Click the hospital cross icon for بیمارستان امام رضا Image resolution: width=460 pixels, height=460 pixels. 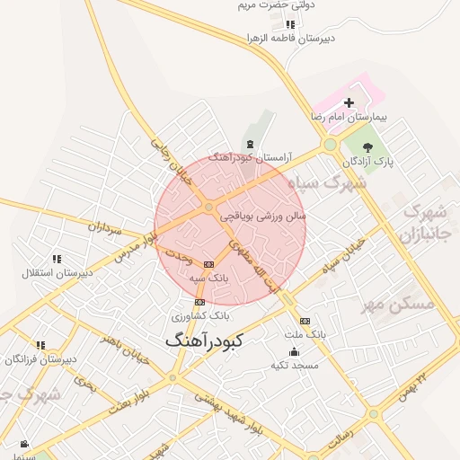[349, 102]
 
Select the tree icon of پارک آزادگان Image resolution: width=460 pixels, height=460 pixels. [367, 147]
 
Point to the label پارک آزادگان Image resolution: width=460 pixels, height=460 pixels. [367, 161]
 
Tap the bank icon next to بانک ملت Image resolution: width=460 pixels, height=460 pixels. [305, 321]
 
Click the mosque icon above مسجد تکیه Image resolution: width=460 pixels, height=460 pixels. [294, 351]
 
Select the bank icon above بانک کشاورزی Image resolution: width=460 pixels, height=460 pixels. [199, 302]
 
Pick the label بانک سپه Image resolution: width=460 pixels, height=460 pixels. [211, 279]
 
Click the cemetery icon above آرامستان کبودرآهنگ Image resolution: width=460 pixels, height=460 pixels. [249, 145]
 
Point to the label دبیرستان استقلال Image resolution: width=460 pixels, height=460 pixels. [56, 272]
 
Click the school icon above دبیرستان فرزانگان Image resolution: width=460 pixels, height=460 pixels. [40, 345]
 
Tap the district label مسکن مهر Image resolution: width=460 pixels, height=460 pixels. [397, 305]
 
